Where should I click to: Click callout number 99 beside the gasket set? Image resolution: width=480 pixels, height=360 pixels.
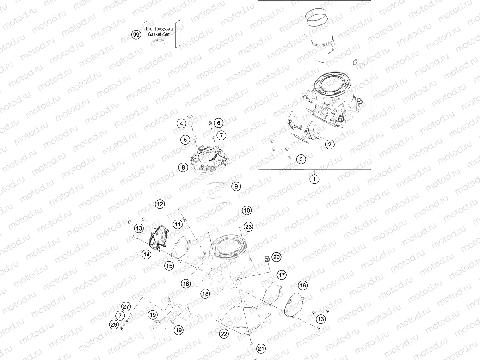click(x=136, y=35)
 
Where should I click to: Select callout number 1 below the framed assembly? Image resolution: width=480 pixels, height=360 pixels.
click(x=314, y=179)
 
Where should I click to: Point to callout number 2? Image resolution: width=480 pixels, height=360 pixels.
click(x=329, y=145)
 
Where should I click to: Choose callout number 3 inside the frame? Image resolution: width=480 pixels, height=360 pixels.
click(x=301, y=159)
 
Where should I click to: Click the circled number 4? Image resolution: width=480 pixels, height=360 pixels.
click(x=182, y=123)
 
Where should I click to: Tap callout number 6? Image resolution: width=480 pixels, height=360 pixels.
click(x=219, y=123)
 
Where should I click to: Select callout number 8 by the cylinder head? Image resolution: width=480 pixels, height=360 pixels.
click(x=184, y=167)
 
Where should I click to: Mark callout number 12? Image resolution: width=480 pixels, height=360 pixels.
click(x=160, y=204)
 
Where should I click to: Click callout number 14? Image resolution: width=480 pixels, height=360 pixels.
click(x=146, y=254)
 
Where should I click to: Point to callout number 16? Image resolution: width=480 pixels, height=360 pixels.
click(x=302, y=286)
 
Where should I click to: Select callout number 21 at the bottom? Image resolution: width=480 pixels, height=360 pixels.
click(x=261, y=348)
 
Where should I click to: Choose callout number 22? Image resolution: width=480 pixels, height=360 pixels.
click(x=224, y=334)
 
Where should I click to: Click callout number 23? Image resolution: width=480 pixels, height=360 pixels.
click(x=248, y=226)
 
